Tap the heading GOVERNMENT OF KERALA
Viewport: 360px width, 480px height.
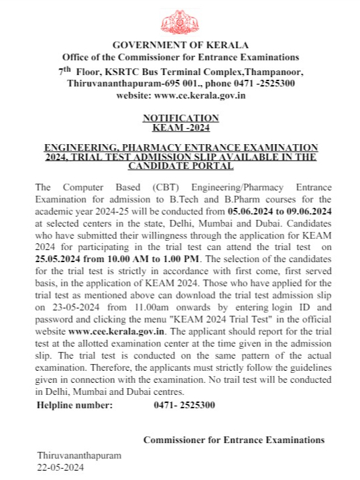[180, 45]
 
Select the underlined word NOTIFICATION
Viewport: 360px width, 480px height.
[180, 118]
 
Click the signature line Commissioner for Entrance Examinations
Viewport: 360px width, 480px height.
[233, 440]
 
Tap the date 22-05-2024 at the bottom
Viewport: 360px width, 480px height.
[61, 467]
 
